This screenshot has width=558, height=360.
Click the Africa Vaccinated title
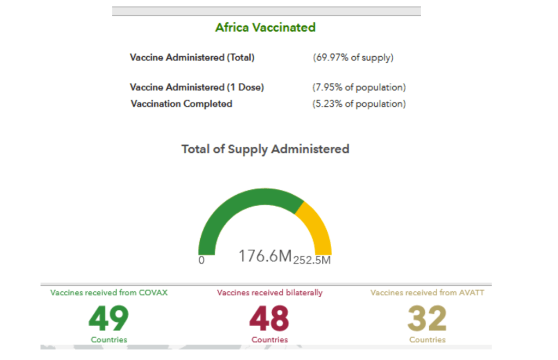tap(265, 27)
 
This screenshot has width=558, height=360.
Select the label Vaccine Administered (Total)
tap(192, 57)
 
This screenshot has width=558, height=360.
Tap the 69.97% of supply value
tap(353, 57)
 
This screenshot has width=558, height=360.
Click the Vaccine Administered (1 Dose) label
tap(196, 87)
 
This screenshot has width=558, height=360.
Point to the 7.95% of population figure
tap(359, 87)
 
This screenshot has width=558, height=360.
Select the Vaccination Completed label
tap(181, 104)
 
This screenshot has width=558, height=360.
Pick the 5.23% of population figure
tap(359, 104)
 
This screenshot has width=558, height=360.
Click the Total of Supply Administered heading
tap(265, 149)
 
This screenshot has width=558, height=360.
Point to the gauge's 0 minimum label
tap(201, 260)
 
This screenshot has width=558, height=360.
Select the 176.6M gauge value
tap(265, 256)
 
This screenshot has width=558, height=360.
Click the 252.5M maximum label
tap(312, 260)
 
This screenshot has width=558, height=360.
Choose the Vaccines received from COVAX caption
tap(109, 292)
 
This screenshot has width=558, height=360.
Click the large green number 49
tap(109, 319)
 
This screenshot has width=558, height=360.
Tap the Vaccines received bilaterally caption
tap(269, 292)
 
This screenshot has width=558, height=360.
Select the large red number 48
tap(269, 319)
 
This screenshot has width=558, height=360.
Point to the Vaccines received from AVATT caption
tap(427, 292)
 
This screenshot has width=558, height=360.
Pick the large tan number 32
tap(427, 319)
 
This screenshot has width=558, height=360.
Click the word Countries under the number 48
tap(269, 340)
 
